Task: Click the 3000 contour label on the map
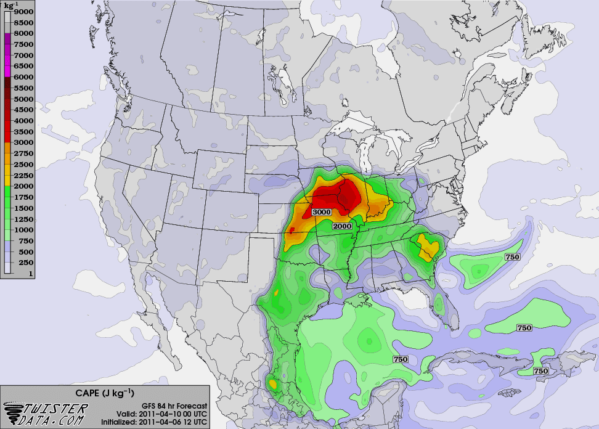click(322, 212)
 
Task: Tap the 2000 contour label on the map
click(342, 226)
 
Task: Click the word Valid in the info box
click(127, 413)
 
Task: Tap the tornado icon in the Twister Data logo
click(15, 412)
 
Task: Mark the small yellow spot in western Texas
click(277, 292)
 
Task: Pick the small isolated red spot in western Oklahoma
click(292, 230)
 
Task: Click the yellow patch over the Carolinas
click(427, 245)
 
